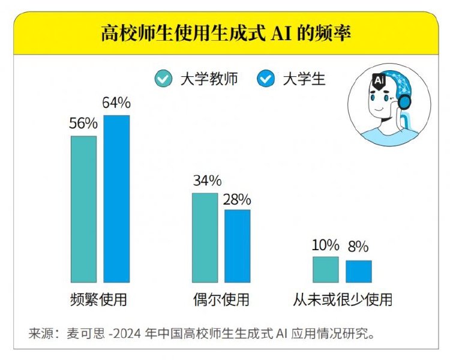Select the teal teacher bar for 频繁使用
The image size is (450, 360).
[x=83, y=209]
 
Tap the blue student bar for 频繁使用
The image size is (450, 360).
[x=116, y=199]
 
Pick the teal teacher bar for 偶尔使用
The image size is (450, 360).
[x=205, y=238]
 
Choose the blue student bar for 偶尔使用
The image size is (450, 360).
[x=238, y=246]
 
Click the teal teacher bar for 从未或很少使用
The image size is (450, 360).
[x=326, y=269]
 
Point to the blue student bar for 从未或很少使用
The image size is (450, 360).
[x=359, y=271]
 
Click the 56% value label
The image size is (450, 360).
[x=83, y=124]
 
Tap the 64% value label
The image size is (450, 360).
[x=116, y=103]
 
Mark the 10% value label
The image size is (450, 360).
[x=326, y=245]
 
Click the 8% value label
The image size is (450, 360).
[x=358, y=247]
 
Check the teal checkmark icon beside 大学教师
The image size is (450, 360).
[x=163, y=79]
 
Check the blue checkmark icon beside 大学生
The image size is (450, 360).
[x=265, y=79]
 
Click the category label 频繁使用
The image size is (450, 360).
[x=99, y=299]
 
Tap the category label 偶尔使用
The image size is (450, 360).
[x=221, y=299]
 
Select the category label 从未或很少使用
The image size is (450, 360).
[x=343, y=299]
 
